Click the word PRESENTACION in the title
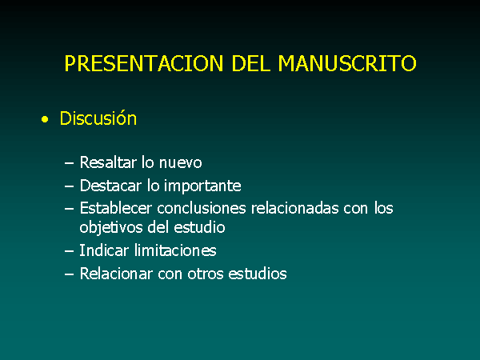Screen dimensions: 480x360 (143, 63)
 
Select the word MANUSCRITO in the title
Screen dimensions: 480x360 (347, 63)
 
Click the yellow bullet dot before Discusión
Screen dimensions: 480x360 (45, 119)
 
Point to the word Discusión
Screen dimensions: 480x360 (98, 118)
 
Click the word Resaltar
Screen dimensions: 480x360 (108, 162)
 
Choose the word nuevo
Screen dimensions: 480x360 (180, 163)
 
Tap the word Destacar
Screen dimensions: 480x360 (110, 186)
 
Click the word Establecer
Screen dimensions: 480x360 (116, 208)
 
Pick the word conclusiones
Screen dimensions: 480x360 (202, 208)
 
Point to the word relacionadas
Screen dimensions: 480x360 (294, 208)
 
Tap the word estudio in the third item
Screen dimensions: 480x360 (199, 227)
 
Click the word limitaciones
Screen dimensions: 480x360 (175, 250)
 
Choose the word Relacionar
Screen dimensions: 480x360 (116, 274)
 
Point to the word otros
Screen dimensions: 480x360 (206, 274)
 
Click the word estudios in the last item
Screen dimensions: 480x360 (258, 274)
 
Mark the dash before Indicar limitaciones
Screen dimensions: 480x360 (69, 251)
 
